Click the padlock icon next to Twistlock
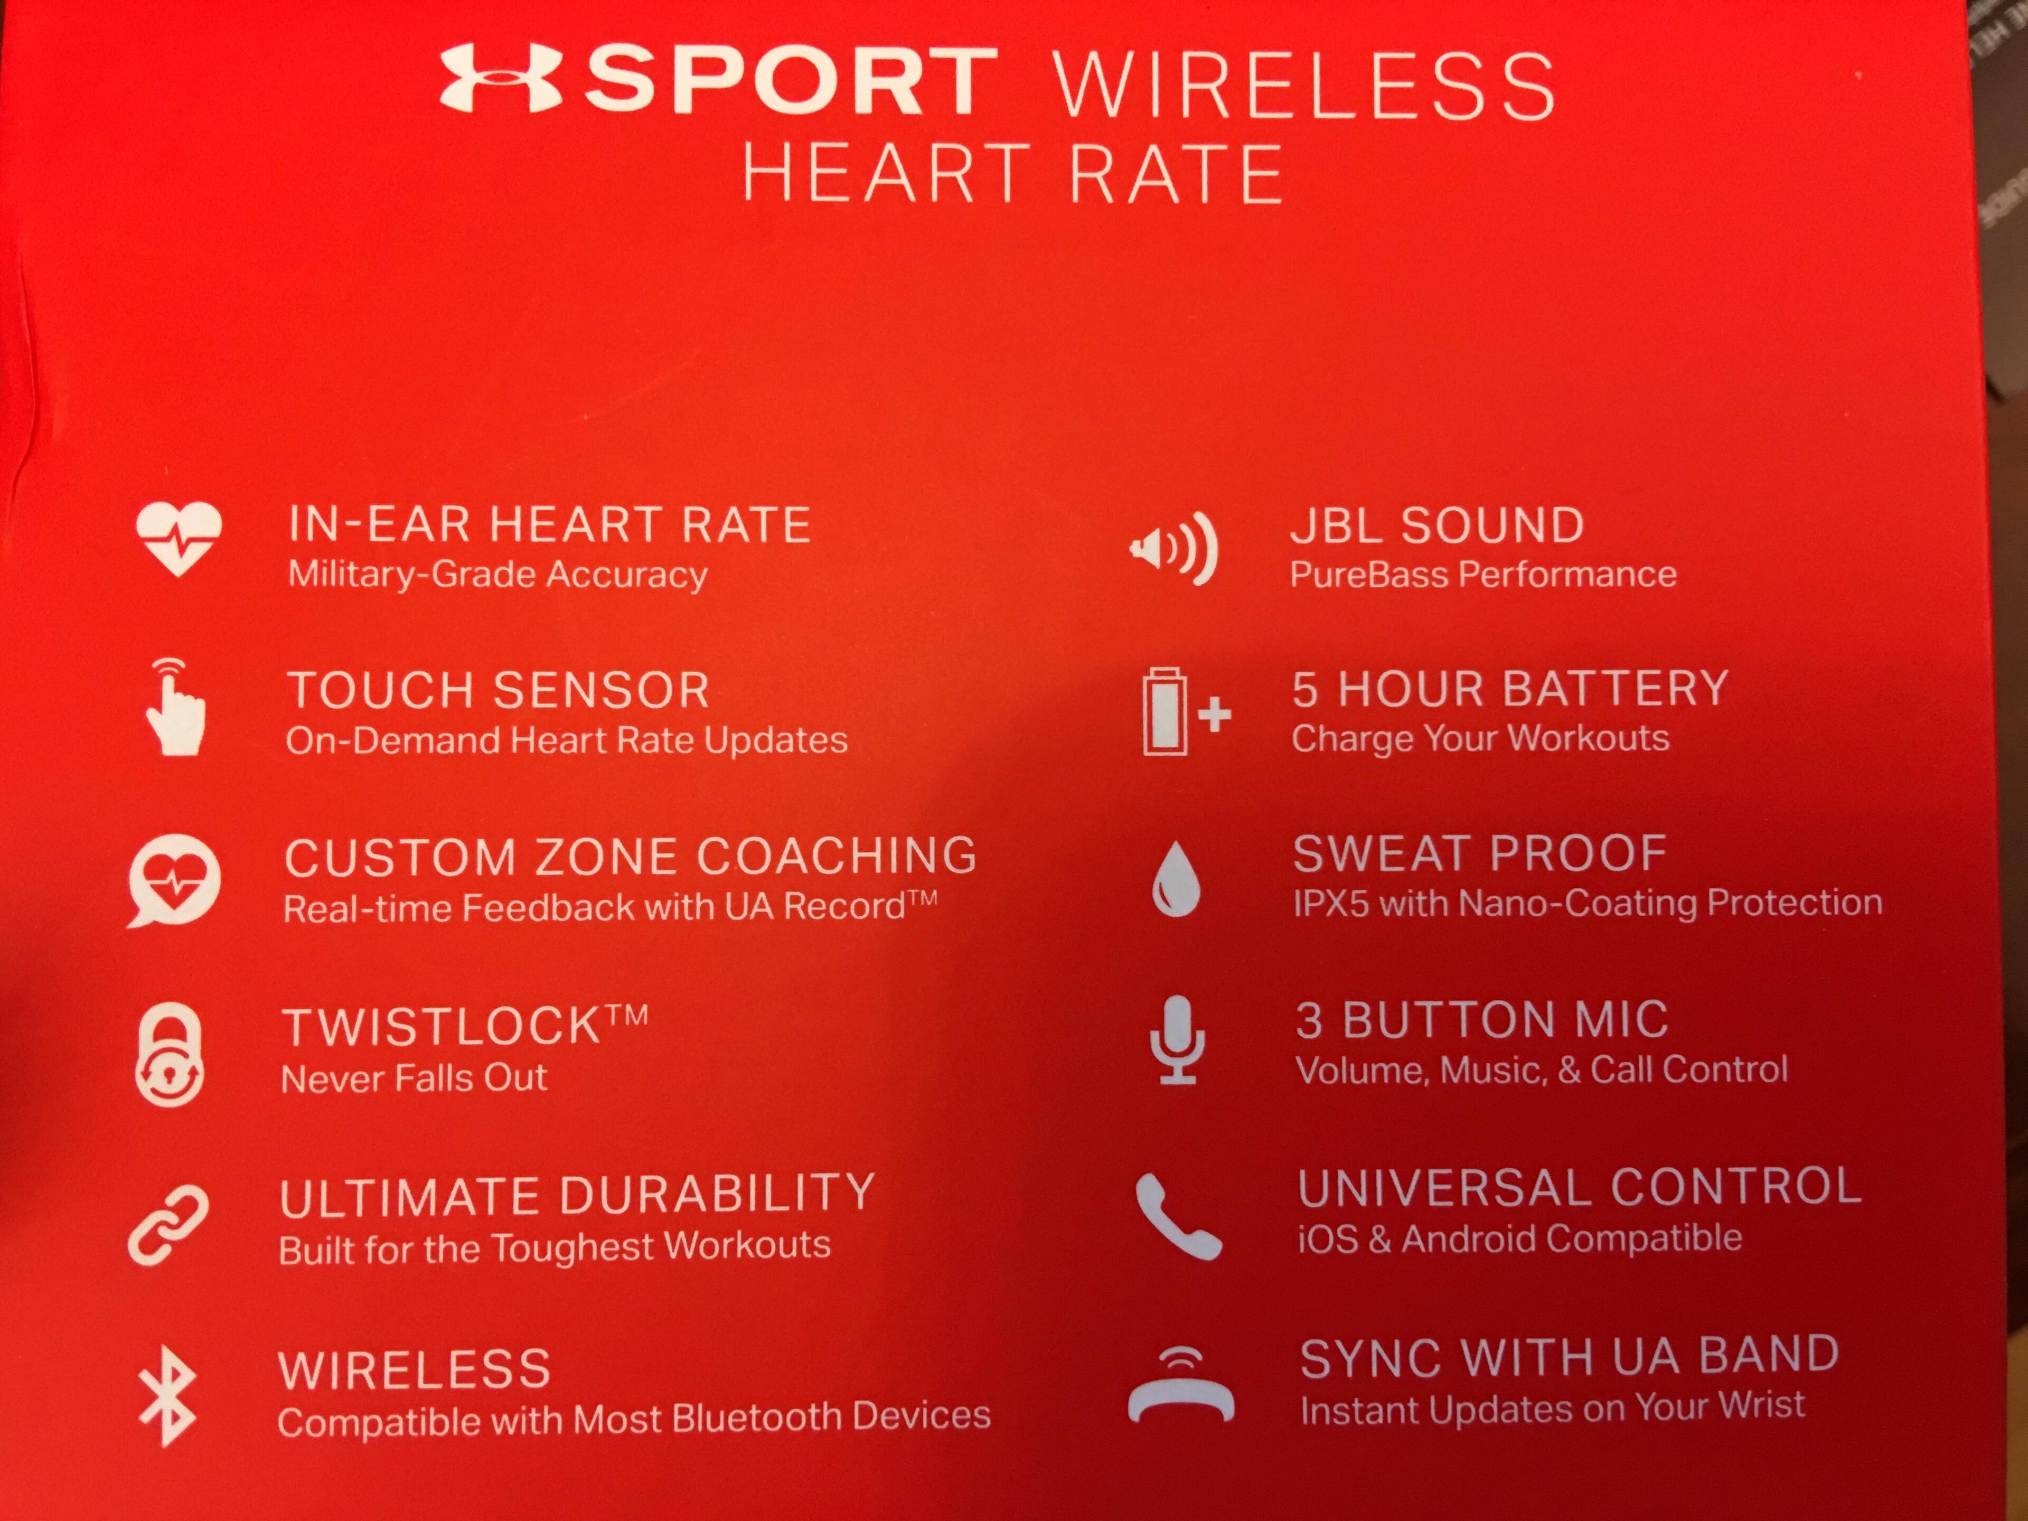coord(170,1054)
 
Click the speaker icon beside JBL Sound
coord(1173,548)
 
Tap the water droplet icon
coord(1176,880)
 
